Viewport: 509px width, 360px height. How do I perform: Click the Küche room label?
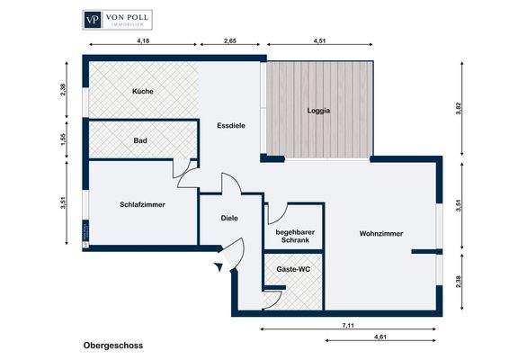(x=141, y=92)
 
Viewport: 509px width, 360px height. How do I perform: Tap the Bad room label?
(x=140, y=140)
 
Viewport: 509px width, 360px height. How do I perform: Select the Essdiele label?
(x=232, y=127)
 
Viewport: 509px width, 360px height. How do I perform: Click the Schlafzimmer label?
(x=142, y=203)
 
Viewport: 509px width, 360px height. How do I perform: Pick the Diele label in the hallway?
(x=229, y=218)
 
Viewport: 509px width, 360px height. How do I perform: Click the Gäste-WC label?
(x=293, y=269)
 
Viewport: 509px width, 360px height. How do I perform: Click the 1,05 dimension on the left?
(x=64, y=140)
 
